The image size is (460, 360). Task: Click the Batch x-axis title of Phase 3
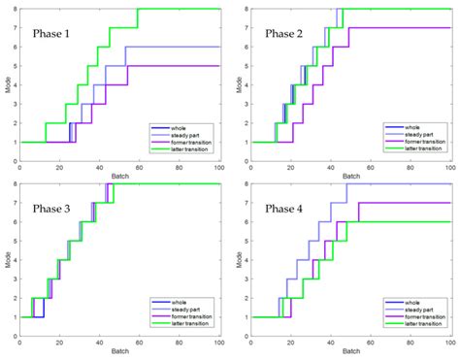pos(119,350)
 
